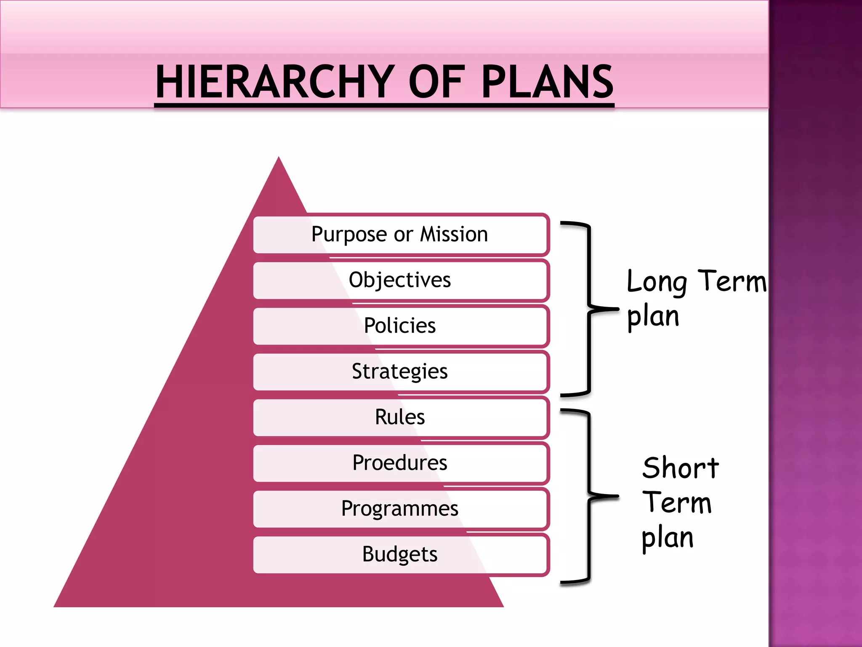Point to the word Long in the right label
657,282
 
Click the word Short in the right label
681,468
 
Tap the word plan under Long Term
653,317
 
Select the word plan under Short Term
668,538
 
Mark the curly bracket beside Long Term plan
589,309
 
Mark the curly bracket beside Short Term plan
589,496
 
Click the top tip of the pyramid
279,160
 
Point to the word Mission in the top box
454,234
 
